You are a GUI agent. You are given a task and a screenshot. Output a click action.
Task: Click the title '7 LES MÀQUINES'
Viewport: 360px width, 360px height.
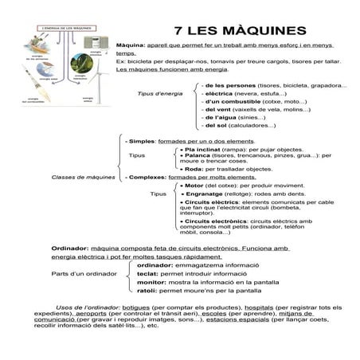click(x=239, y=30)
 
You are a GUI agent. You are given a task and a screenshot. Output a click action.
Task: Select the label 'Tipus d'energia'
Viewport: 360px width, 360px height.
click(x=159, y=93)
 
